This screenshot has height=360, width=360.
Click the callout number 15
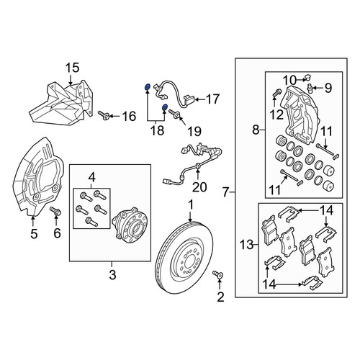(x=73, y=68)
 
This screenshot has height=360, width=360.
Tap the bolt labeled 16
(x=104, y=115)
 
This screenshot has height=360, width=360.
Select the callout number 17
(x=212, y=99)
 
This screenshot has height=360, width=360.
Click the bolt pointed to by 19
(x=174, y=114)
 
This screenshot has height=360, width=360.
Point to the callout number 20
(x=199, y=187)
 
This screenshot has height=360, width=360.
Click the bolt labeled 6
(x=55, y=211)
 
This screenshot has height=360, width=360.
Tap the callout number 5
(x=34, y=233)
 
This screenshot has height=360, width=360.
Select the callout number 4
(x=92, y=178)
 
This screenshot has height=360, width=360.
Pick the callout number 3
(x=112, y=275)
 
